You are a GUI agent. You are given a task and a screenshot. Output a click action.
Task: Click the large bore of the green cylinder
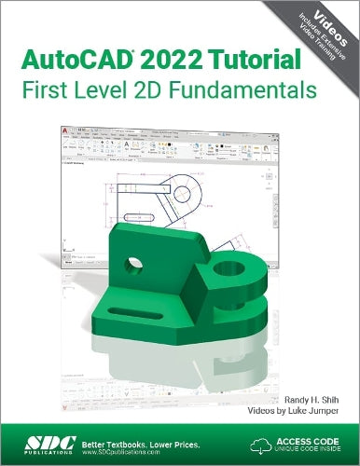click(227, 274)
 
